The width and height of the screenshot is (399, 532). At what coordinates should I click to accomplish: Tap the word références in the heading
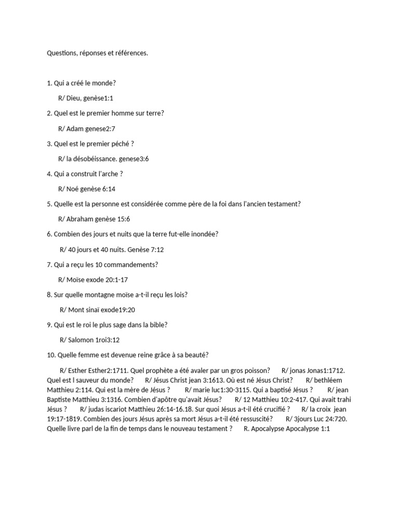[x=132, y=53]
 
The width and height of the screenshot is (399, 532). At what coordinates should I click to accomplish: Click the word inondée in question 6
[x=204, y=234]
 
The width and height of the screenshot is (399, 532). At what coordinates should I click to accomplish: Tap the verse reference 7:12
[x=156, y=250]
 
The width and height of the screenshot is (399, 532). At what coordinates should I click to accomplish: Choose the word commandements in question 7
[x=133, y=265]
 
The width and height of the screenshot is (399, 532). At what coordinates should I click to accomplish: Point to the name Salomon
[x=81, y=340]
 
